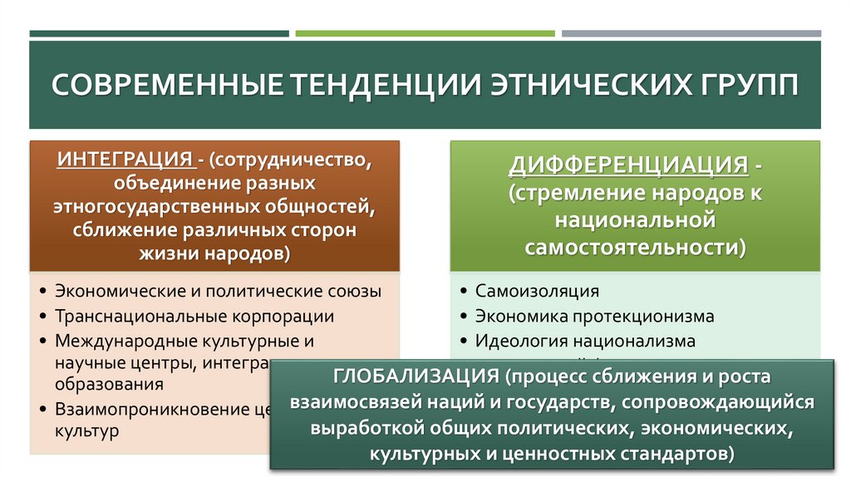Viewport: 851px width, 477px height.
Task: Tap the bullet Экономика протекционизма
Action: point(594,317)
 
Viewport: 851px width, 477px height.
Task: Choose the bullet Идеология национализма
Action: point(584,341)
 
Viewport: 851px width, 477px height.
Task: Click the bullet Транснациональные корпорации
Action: point(194,317)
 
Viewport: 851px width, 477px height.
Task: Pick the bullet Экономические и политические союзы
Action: point(218,292)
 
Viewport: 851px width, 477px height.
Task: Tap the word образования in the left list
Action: point(109,385)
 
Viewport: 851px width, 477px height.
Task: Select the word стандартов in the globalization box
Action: point(681,454)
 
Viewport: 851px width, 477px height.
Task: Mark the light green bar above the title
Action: point(425,34)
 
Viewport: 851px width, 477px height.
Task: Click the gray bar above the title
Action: point(691,34)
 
